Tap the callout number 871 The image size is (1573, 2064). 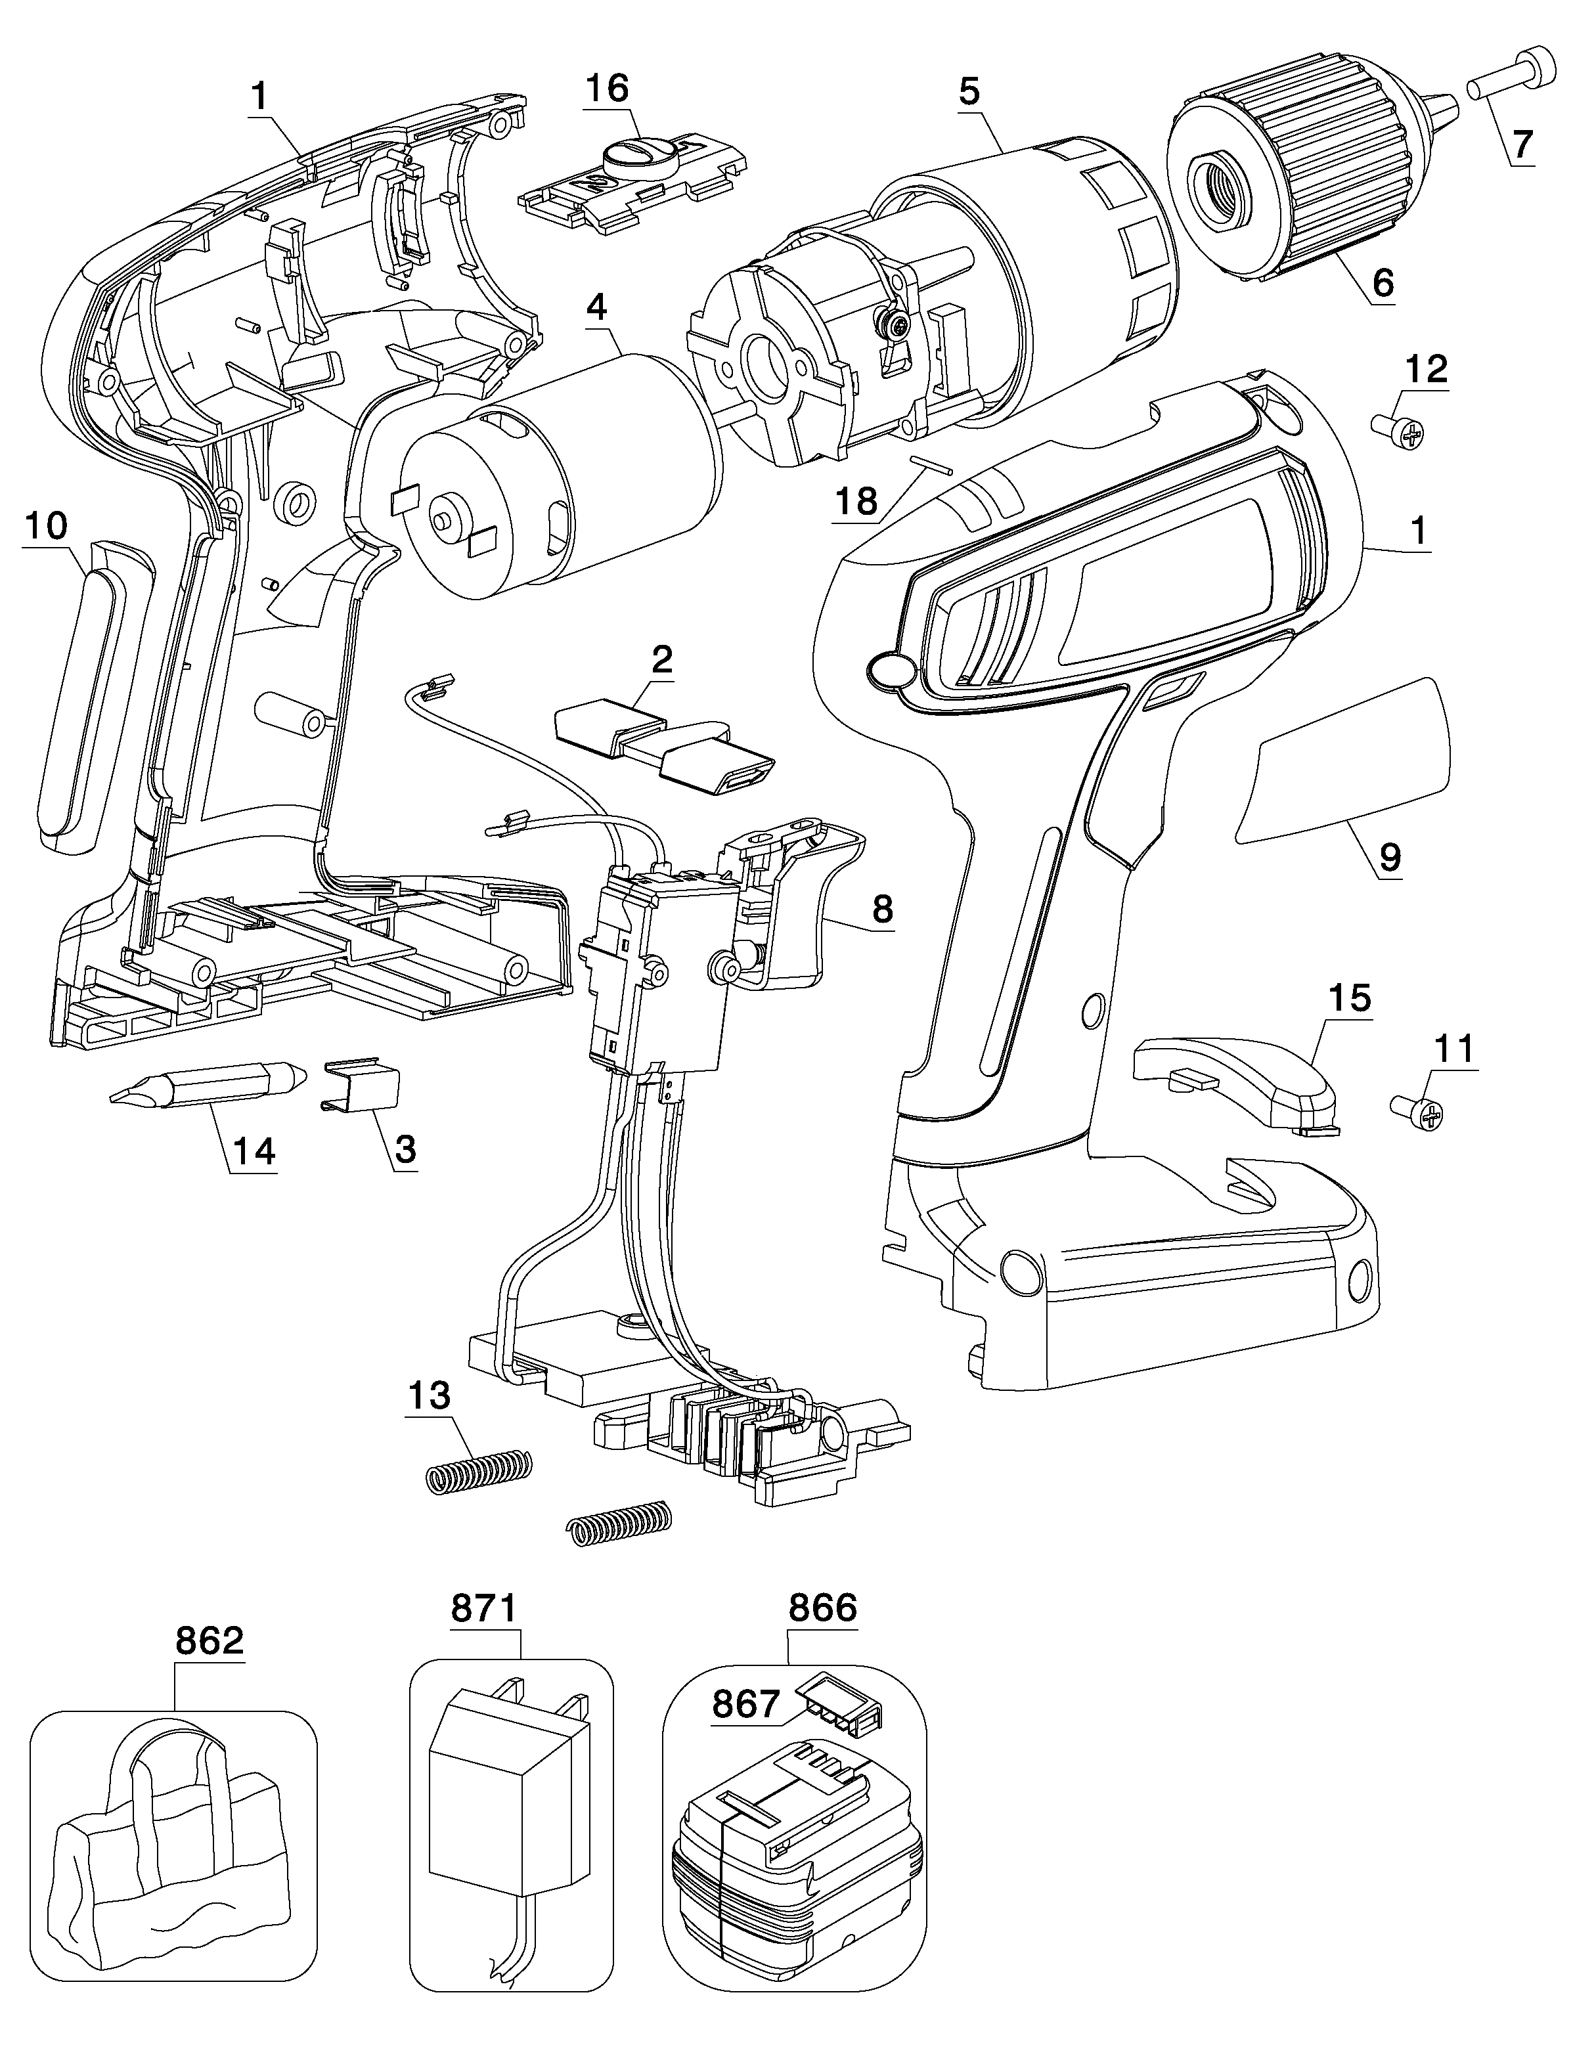[x=484, y=1608]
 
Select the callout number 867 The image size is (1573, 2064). [x=746, y=1703]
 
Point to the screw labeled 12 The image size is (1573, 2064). [x=1398, y=431]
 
